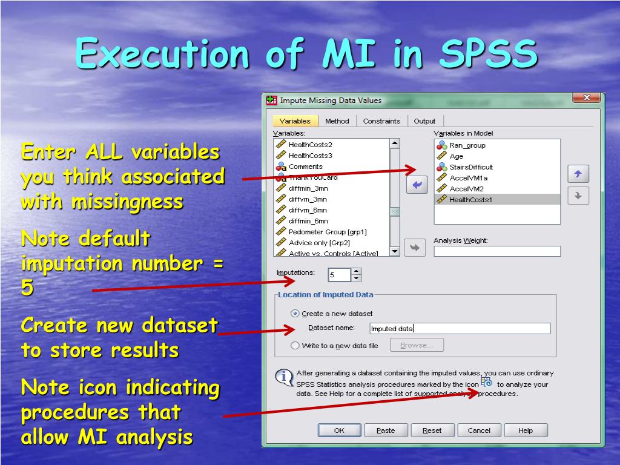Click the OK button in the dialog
click(x=339, y=430)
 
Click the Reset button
click(x=432, y=430)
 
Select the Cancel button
click(x=479, y=430)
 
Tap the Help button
click(x=526, y=430)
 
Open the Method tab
click(x=337, y=121)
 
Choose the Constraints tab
click(x=381, y=121)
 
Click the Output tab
click(x=424, y=121)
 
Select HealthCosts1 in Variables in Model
click(x=470, y=200)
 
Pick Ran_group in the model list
click(x=467, y=145)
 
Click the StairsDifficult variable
click(x=471, y=167)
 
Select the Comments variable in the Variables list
click(x=305, y=167)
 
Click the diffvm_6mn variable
click(x=308, y=210)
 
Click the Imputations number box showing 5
click(x=339, y=275)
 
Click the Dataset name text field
click(x=460, y=329)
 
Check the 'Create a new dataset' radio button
click(x=295, y=314)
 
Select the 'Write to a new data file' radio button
click(x=295, y=346)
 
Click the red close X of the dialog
click(x=586, y=98)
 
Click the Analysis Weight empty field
click(x=497, y=251)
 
